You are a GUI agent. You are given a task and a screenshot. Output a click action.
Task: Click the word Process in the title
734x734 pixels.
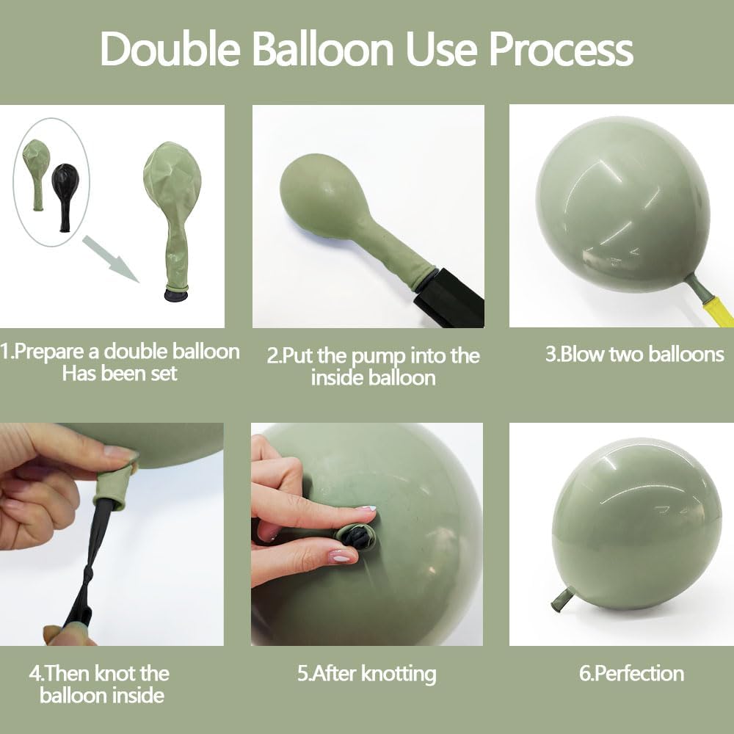click(x=561, y=50)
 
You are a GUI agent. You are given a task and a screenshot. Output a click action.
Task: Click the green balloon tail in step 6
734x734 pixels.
click(x=562, y=600)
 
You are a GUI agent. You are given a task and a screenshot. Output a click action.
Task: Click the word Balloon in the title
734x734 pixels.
click(x=328, y=50)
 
